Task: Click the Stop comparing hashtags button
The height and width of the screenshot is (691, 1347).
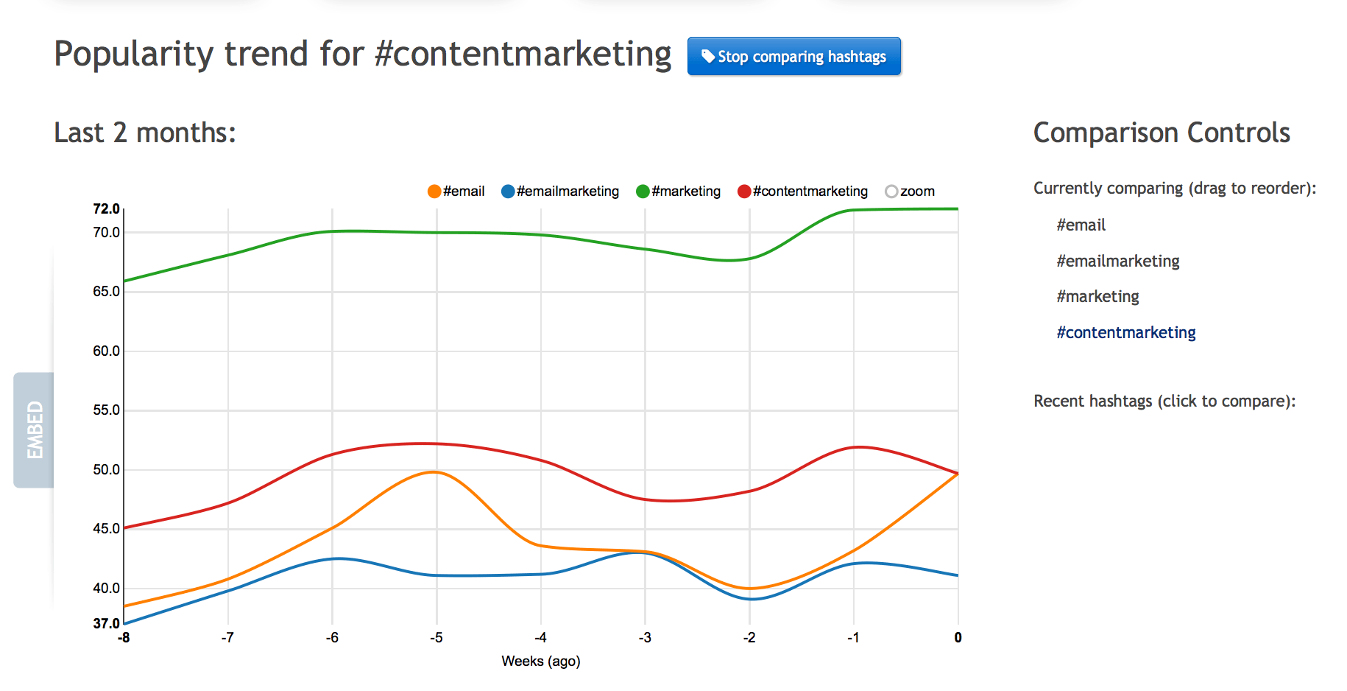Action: tap(793, 57)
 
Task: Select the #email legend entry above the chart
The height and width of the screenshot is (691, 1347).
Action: tap(456, 192)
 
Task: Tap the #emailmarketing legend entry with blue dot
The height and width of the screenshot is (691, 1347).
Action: tap(560, 192)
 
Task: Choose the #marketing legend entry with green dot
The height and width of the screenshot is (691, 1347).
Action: tap(679, 192)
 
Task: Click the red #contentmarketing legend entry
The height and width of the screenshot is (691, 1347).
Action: tap(803, 192)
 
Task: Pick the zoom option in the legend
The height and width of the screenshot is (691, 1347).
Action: tap(910, 192)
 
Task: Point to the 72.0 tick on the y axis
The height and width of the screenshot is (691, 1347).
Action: tap(106, 209)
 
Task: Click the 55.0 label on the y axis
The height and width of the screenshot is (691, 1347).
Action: tap(106, 410)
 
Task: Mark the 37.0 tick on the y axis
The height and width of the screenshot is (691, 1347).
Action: tap(106, 623)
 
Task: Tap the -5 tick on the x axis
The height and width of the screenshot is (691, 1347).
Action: tap(436, 638)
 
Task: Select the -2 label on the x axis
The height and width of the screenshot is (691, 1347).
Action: tap(749, 638)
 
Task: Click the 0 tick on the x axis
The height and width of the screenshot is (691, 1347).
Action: tap(958, 638)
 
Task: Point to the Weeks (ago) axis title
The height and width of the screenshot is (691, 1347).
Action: tap(541, 662)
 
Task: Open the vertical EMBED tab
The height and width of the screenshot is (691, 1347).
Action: tap(34, 430)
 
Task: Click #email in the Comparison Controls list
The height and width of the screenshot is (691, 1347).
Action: tap(1081, 225)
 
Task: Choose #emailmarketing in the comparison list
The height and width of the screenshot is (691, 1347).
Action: tap(1117, 262)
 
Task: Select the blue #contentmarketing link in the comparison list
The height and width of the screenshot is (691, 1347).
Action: tap(1125, 333)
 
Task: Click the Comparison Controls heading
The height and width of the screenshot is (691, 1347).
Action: tap(1162, 133)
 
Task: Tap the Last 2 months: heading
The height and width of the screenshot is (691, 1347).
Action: tap(145, 133)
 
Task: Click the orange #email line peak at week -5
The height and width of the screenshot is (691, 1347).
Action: tap(436, 472)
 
